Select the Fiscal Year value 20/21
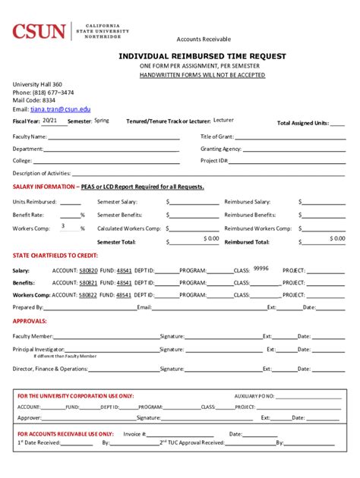coord(49,121)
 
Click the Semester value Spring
coord(101,121)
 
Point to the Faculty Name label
coord(30,137)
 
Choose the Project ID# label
coord(214,161)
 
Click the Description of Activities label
coord(42,173)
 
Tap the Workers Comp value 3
coord(62,226)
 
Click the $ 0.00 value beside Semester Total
coord(210,239)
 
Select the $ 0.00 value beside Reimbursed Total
coord(336,239)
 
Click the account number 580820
coord(88,271)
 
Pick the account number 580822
coord(88,294)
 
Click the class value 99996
coord(261,268)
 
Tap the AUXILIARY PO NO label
coord(254,396)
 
